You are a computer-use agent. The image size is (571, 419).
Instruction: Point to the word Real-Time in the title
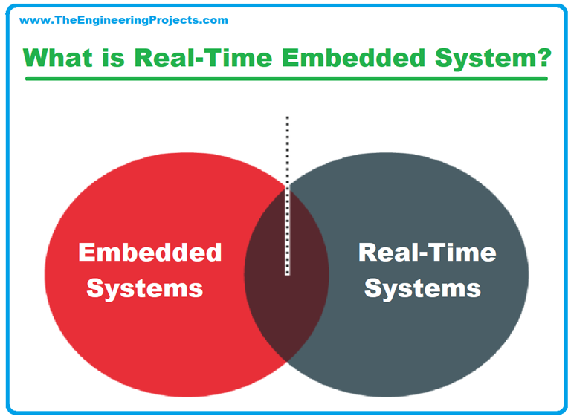click(216, 57)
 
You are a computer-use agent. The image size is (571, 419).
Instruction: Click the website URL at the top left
click(123, 20)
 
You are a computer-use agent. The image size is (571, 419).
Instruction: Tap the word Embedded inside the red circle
click(149, 253)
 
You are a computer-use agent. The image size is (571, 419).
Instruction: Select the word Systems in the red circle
click(145, 287)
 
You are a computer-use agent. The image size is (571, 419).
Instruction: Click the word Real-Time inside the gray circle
click(427, 253)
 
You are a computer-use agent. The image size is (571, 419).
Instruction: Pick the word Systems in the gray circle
click(422, 287)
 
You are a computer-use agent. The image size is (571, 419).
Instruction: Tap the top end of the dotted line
click(288, 117)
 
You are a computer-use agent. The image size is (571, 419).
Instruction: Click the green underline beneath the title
click(286, 77)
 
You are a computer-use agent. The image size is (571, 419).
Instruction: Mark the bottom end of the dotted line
click(288, 273)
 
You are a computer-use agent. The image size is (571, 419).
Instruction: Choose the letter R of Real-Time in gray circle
click(368, 253)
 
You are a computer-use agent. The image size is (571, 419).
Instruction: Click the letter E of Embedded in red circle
click(87, 253)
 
